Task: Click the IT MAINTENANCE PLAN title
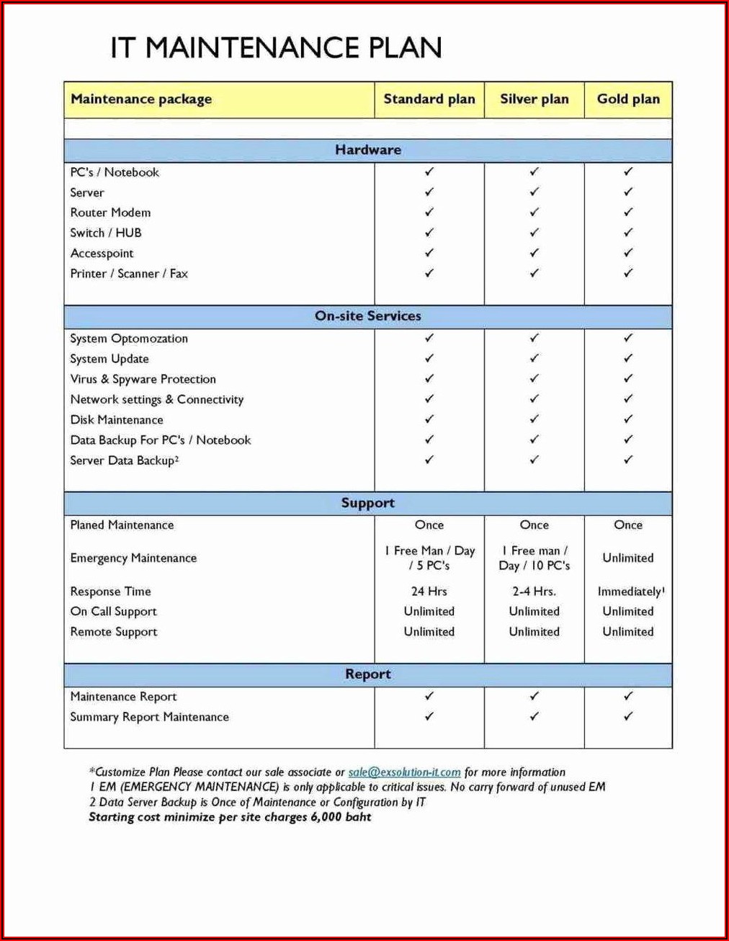tap(276, 48)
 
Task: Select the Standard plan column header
tap(429, 99)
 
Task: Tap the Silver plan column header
tap(535, 99)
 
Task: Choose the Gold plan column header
tap(628, 99)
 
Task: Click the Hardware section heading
tap(368, 150)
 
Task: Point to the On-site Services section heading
tap(368, 316)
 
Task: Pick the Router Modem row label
tap(110, 213)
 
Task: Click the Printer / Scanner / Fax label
tap(129, 274)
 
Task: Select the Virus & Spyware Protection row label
tap(143, 379)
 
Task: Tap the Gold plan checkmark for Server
tap(628, 192)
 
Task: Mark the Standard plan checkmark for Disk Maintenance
tap(429, 419)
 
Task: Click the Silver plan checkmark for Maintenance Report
tap(535, 696)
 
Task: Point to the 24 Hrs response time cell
tap(429, 592)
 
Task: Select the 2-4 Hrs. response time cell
tap(535, 592)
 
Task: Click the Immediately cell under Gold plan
tap(630, 592)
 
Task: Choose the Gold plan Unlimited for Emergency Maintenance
tap(628, 558)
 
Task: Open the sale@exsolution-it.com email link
tap(404, 772)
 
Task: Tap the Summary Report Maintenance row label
tap(149, 717)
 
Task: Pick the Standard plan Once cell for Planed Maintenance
tap(429, 525)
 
